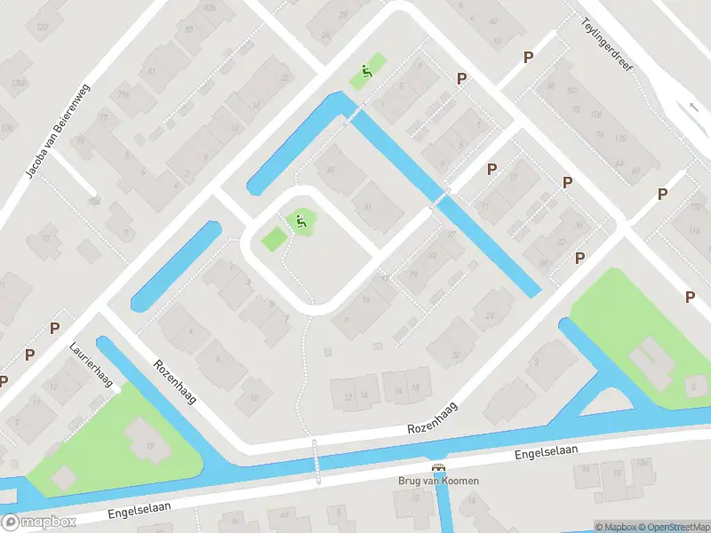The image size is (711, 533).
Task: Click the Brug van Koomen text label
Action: click(439, 481)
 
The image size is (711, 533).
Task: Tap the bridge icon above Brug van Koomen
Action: click(438, 468)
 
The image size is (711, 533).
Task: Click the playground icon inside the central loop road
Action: click(300, 220)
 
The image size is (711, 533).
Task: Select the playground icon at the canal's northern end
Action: click(363, 72)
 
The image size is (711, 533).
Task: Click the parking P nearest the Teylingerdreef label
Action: click(528, 57)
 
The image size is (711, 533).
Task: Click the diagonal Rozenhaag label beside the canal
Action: click(174, 382)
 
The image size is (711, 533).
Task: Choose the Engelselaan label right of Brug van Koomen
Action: click(547, 451)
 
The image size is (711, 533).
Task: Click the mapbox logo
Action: click(39, 522)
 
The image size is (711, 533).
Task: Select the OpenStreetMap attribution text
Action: click(672, 527)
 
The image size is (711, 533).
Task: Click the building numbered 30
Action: click(456, 355)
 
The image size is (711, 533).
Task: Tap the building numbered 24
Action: click(490, 316)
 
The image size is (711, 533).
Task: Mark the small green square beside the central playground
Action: click(274, 238)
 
